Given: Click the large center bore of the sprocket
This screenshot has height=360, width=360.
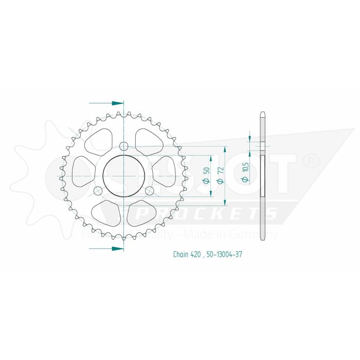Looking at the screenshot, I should [123, 175].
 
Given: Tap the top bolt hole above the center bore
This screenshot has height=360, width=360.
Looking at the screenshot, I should [123, 146].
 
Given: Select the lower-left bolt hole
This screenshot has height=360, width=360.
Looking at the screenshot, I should [98, 191].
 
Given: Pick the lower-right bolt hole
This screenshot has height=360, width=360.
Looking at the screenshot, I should [149, 191].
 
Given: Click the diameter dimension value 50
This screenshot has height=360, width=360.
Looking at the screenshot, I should [206, 174].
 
